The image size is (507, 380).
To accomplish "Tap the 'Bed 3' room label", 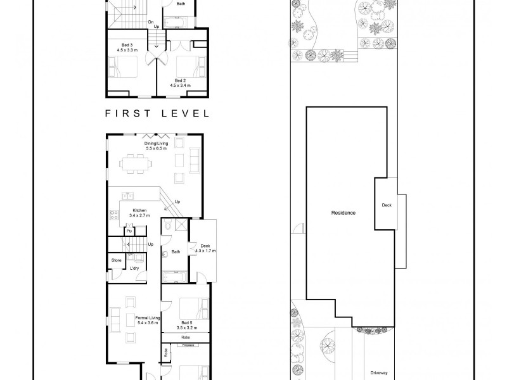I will tap(127, 45).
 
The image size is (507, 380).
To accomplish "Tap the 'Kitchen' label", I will tap(139, 210).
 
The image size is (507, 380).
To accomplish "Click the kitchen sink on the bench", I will tap(125, 195).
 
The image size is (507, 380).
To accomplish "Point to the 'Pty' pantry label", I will tap(129, 231).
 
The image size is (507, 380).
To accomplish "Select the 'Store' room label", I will tap(117, 260).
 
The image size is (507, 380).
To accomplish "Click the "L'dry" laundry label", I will tap(134, 269).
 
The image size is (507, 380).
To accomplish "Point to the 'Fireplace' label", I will tap(188, 346).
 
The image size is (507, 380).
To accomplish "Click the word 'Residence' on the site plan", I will tap(343, 213).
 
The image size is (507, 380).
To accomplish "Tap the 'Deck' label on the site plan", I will tap(387, 205).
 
